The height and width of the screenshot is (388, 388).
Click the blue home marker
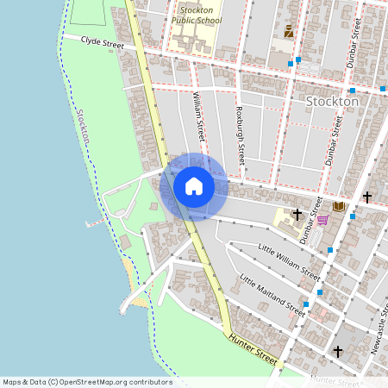(193, 186)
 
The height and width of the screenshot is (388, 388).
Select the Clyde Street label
(103, 41)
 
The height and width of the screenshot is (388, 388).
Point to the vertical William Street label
(199, 117)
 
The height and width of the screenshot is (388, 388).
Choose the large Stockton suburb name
(332, 101)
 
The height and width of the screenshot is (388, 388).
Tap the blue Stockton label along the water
(83, 128)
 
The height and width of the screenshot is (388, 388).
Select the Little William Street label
(290, 261)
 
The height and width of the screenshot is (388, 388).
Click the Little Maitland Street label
(272, 296)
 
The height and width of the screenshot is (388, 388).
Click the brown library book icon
(339, 207)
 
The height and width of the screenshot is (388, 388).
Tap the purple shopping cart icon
(322, 220)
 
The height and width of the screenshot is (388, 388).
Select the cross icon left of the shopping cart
(297, 214)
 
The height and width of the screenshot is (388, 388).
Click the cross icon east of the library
(366, 197)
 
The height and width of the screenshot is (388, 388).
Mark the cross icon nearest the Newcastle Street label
(338, 352)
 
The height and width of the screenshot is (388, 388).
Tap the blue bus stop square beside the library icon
(353, 216)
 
